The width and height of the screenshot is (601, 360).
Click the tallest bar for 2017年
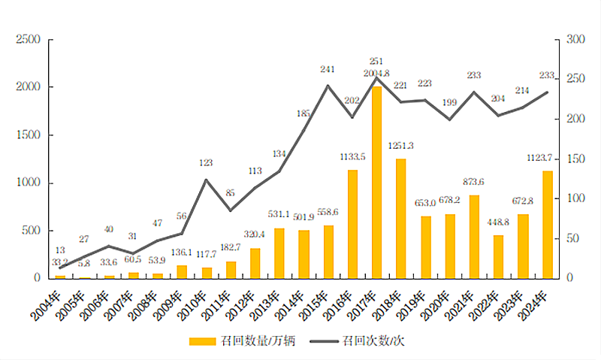[x=377, y=183]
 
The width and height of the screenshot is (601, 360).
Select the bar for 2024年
[x=548, y=225]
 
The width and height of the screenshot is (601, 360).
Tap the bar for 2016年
[x=352, y=224]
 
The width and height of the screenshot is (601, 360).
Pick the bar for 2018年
[x=401, y=219]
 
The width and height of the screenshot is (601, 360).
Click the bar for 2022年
[x=499, y=257]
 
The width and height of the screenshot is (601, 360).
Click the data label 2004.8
[x=376, y=73]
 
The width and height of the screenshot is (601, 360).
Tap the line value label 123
[x=207, y=162]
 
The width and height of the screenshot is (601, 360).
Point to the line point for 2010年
[x=207, y=180]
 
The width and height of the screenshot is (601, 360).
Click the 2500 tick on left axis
[x=29, y=40]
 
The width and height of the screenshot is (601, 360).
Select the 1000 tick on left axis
[x=29, y=183]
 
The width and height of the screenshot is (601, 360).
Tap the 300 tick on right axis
[x=575, y=40]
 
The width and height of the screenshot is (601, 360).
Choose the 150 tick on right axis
[x=575, y=159]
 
